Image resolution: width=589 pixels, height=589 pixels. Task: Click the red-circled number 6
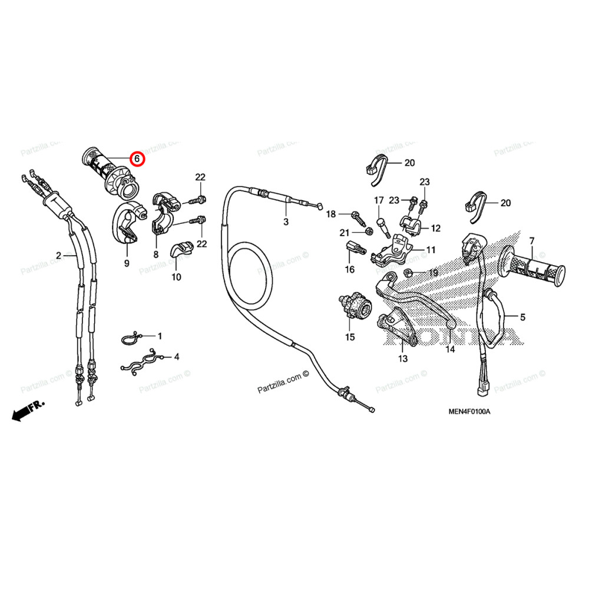(x=137, y=159)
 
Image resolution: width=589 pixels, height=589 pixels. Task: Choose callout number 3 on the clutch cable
(x=286, y=222)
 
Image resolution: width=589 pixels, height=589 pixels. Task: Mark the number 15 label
(x=350, y=337)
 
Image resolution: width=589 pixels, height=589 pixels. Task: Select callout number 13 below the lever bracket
(x=403, y=358)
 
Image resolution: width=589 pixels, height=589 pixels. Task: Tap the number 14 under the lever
(x=450, y=349)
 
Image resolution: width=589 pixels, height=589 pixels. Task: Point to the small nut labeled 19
(x=408, y=273)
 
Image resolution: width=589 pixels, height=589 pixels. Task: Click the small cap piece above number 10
(x=182, y=250)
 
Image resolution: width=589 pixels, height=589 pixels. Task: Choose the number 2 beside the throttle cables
(x=59, y=255)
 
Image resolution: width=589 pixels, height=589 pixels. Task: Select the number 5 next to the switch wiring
(x=522, y=317)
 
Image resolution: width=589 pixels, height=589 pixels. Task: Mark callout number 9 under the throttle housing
(x=127, y=264)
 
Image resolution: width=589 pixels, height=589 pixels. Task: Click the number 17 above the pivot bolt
(x=379, y=200)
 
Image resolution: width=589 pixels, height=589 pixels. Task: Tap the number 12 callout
(x=436, y=228)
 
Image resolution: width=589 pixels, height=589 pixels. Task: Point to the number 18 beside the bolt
(x=331, y=214)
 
